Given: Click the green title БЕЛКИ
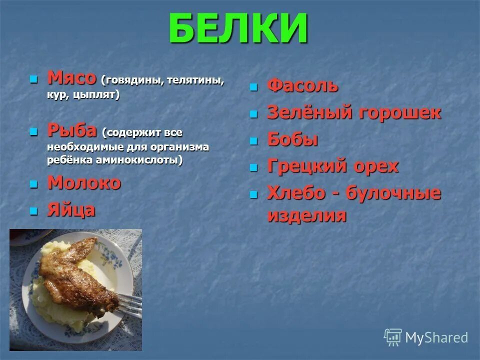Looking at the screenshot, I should click(x=238, y=28).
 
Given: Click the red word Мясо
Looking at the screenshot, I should click(x=71, y=78).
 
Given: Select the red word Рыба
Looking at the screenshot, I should click(x=72, y=131).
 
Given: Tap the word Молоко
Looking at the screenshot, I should click(x=84, y=183).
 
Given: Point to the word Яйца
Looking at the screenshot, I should click(x=71, y=210).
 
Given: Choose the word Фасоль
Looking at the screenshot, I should click(x=302, y=86).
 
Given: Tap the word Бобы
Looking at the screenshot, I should click(x=293, y=139).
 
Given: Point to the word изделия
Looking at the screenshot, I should click(x=306, y=215).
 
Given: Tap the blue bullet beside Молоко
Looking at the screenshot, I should click(x=34, y=184).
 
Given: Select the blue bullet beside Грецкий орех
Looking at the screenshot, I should click(x=254, y=167).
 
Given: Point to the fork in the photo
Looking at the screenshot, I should click(x=127, y=305).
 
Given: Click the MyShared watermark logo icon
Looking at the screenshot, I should click(x=393, y=337).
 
